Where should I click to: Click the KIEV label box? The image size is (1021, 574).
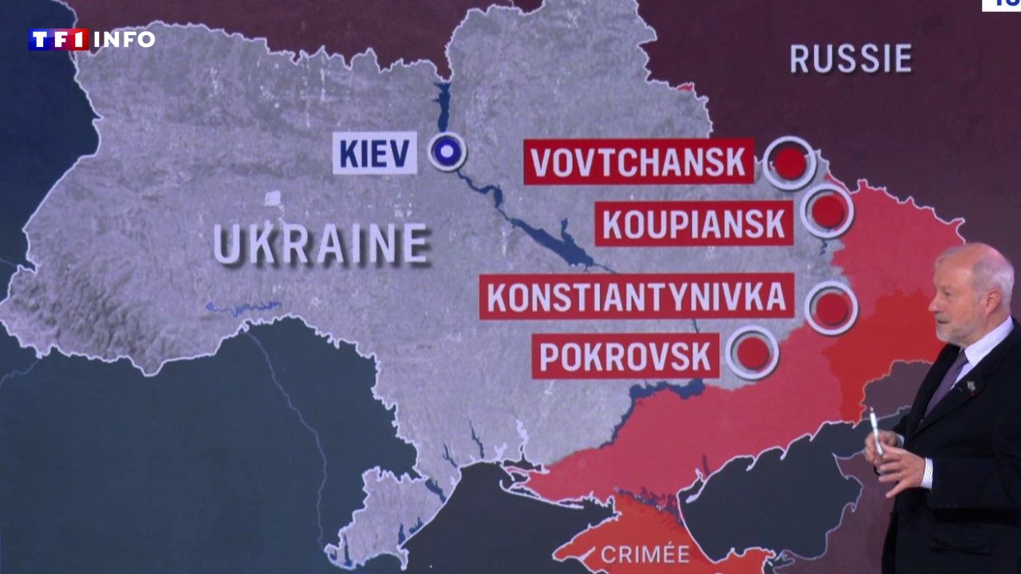click(x=375, y=152)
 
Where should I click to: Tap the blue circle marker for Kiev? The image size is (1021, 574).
click(x=447, y=151)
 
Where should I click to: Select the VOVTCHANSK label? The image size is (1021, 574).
click(x=639, y=162)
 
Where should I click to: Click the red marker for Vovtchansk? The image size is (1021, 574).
click(x=789, y=163)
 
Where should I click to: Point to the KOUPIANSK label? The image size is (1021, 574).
click(x=694, y=223)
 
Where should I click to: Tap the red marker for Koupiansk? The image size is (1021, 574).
click(x=828, y=211)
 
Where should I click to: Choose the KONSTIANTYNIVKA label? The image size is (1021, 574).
click(x=637, y=297)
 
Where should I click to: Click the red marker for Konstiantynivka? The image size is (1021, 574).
click(x=831, y=309)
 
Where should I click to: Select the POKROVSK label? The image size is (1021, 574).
click(x=625, y=356)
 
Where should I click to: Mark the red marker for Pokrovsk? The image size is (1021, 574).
click(x=752, y=352)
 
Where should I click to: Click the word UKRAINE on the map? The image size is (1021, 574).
click(x=321, y=244)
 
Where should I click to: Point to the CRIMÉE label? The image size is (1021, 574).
click(x=645, y=553)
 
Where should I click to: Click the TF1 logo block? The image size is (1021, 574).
click(x=58, y=39)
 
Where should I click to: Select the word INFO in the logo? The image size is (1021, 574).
click(x=124, y=39)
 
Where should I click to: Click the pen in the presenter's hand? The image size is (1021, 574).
click(x=876, y=431)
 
